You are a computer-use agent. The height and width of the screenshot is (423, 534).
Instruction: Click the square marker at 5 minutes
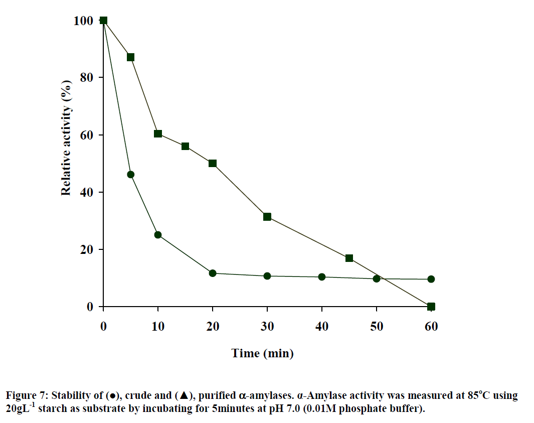click(130, 57)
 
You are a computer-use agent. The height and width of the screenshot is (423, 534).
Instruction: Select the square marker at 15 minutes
click(185, 146)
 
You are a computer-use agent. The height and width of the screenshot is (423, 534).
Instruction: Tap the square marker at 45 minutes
click(349, 258)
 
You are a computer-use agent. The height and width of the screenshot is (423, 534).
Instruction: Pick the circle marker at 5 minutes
click(130, 175)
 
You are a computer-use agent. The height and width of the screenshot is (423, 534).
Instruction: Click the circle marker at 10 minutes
click(158, 235)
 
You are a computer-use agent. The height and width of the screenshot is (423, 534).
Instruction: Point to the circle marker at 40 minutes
click(322, 277)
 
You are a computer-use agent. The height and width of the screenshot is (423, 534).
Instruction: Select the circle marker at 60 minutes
click(431, 279)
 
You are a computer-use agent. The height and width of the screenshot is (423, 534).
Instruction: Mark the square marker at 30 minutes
click(267, 217)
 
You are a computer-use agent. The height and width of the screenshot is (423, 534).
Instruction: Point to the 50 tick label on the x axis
click(377, 327)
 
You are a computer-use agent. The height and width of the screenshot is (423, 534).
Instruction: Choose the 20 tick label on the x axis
click(213, 327)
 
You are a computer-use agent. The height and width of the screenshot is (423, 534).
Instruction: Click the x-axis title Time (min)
click(262, 353)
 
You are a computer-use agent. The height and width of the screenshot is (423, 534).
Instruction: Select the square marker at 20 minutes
click(213, 164)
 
